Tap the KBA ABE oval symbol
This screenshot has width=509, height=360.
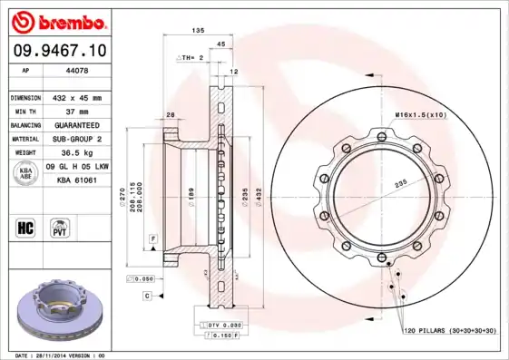26,173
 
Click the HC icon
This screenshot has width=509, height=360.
25,227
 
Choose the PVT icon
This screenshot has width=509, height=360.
62,227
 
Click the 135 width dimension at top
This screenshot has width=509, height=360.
198,31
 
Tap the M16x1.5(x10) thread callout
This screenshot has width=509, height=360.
418,114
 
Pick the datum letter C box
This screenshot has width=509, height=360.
146,296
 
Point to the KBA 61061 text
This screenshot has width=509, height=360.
77,180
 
